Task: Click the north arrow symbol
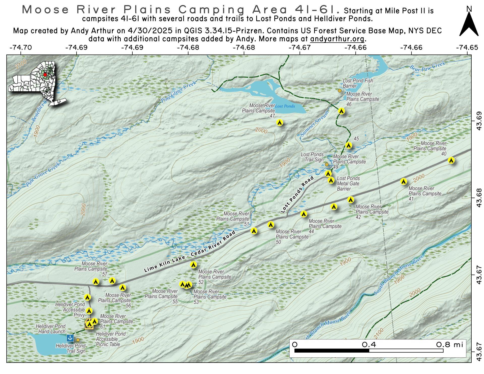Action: click(469, 24)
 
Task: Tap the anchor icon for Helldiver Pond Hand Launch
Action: click(70, 338)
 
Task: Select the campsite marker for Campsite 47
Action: click(280, 122)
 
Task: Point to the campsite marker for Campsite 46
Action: click(341, 111)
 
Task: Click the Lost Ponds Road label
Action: click(297, 195)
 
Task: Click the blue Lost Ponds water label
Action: click(285, 106)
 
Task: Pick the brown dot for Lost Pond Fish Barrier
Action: click(340, 91)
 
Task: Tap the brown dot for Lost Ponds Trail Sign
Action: click(327, 164)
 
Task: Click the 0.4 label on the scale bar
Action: click(369, 345)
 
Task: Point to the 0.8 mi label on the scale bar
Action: click(449, 345)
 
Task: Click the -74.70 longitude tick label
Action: click(21, 48)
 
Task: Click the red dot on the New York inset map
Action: click(45, 75)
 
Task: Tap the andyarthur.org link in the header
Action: click(337, 39)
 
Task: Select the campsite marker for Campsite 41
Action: click(404, 181)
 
